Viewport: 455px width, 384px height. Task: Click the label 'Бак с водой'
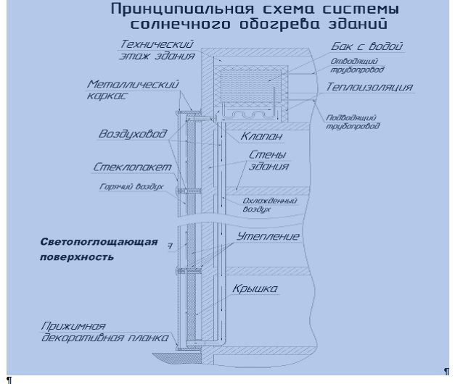363,47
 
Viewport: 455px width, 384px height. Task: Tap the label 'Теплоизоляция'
369,88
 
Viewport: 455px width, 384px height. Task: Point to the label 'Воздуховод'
134,135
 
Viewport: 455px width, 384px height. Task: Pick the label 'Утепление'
269,237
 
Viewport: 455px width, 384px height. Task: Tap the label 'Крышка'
255,289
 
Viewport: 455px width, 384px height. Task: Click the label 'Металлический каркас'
133,89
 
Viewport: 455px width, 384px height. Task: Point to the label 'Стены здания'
268,161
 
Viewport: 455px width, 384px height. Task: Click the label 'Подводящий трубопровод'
352,121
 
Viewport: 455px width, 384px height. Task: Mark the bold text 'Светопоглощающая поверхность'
98,249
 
